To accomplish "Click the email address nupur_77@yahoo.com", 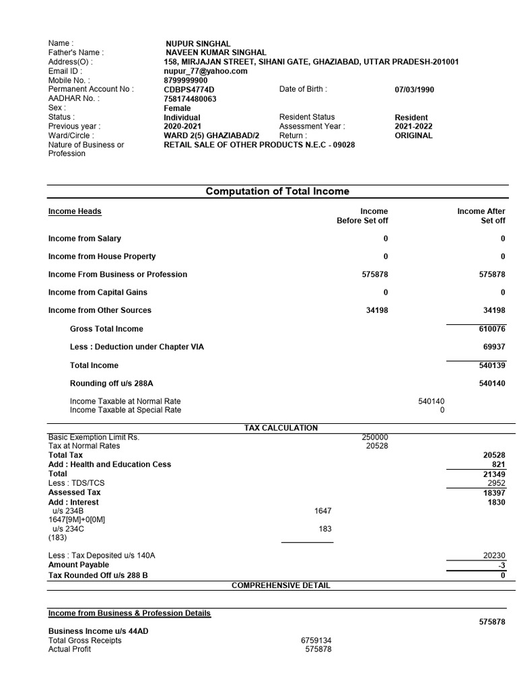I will tap(205, 71).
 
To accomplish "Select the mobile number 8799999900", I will tap(186, 80).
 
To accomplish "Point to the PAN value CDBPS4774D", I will tap(188, 89).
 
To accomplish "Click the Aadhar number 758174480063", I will tap(191, 99).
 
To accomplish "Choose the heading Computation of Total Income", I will tap(277, 192).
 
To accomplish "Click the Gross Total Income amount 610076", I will tap(491, 329).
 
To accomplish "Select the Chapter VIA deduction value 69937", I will tap(493, 347).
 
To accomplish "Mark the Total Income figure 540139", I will tap(491, 365).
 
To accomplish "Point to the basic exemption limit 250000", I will tap(375, 437).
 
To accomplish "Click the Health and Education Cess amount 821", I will tap(498, 464).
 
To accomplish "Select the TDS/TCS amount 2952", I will tap(496, 483).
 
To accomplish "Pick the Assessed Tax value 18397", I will tap(494, 493).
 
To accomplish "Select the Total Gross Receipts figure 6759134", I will tap(316, 641).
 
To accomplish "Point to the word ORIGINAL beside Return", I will tap(413, 135).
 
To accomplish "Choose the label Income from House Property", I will tap(102, 256).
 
